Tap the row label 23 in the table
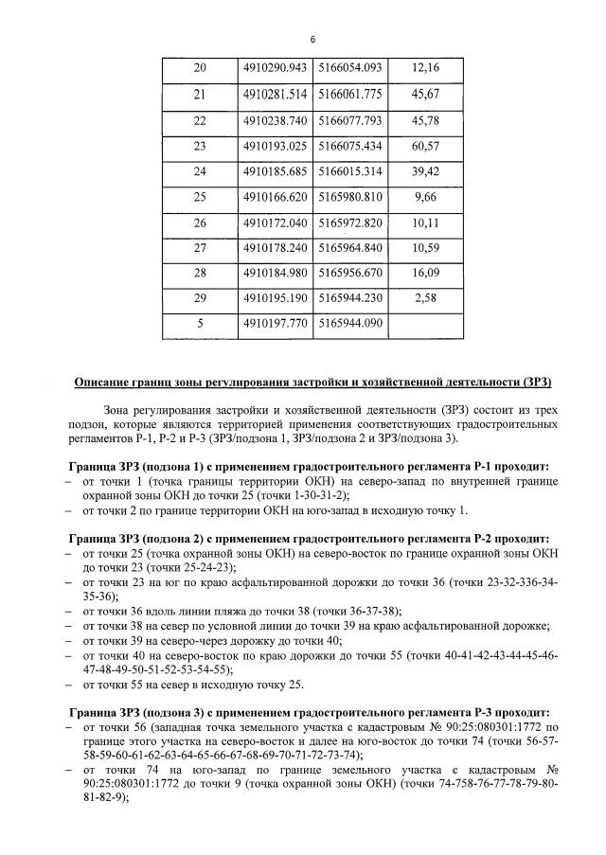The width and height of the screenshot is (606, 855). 199,146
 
